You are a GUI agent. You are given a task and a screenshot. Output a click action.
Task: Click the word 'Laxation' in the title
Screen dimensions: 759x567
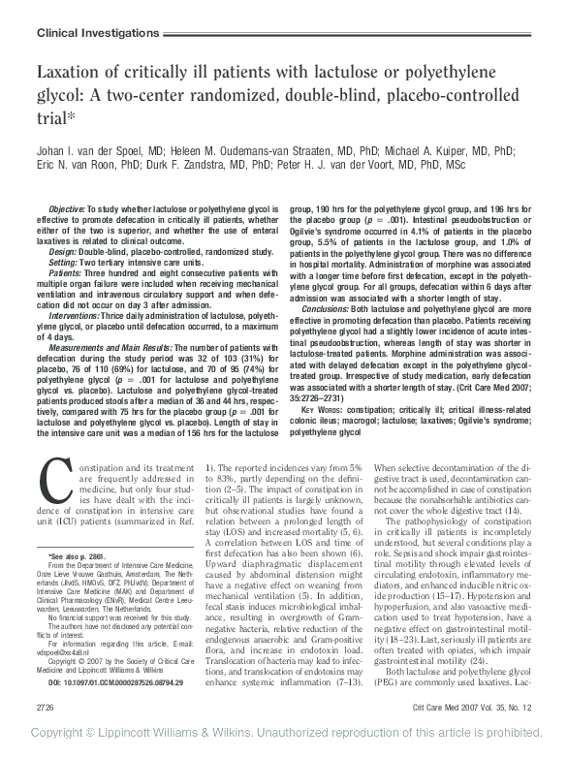(x=76, y=74)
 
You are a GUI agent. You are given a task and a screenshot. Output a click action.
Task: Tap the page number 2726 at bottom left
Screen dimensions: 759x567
(x=46, y=711)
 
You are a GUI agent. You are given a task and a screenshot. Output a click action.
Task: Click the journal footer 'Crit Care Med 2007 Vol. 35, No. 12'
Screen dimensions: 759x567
(x=470, y=711)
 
